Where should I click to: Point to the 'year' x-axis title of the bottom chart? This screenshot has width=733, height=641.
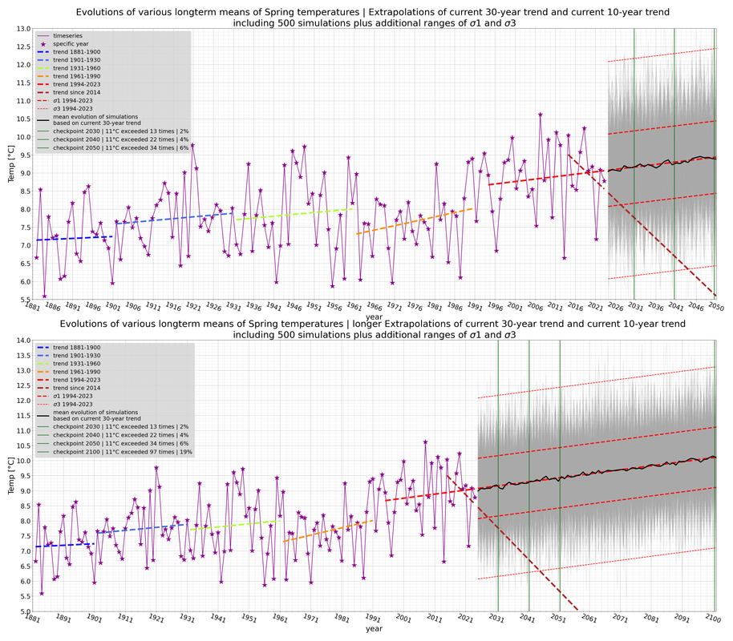pos(374,629)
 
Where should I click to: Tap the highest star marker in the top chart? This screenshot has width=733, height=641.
pos(540,115)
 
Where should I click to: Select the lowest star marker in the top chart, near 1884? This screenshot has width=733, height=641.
pos(44,296)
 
